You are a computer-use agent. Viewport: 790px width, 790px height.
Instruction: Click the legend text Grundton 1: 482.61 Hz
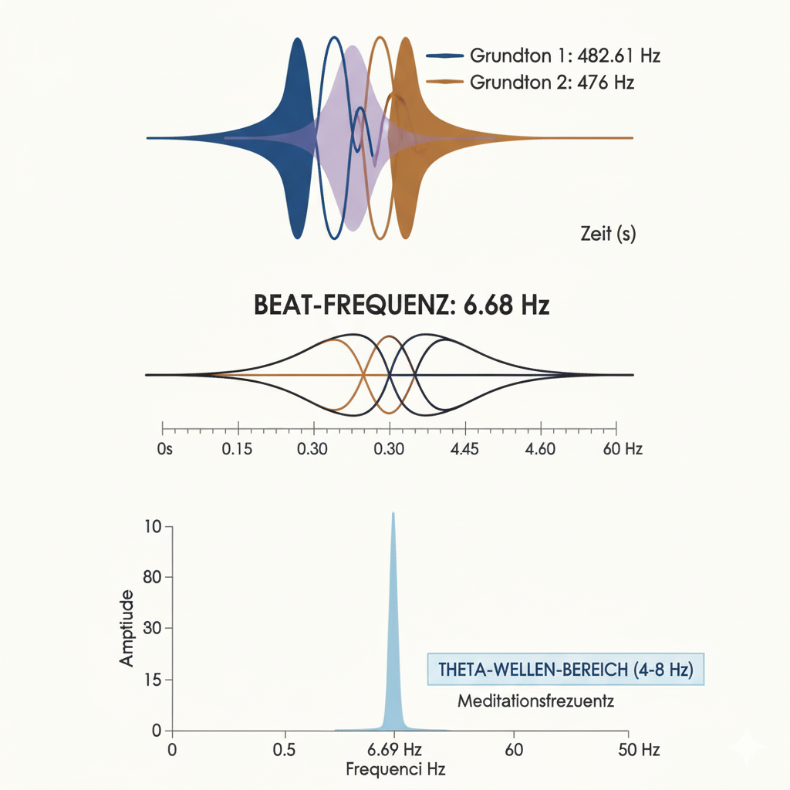point(565,56)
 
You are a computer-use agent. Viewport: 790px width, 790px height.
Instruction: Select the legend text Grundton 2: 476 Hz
point(552,82)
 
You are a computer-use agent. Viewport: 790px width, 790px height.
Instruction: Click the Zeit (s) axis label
point(608,234)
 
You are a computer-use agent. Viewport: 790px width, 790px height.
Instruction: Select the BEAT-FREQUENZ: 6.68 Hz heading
point(401,305)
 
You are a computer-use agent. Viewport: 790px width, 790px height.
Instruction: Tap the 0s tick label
point(163,449)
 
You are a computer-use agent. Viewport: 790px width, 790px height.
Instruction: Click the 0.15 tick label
point(237,449)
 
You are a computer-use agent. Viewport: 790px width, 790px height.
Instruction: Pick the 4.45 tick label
point(465,449)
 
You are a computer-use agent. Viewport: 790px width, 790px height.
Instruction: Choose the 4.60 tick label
point(540,449)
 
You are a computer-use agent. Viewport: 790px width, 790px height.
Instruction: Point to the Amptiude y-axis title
point(127,627)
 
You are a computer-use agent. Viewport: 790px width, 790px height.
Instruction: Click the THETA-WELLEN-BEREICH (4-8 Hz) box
point(565,670)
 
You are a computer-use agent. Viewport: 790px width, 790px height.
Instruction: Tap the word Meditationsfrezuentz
point(535,702)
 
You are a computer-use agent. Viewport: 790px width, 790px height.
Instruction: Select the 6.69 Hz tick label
point(393,749)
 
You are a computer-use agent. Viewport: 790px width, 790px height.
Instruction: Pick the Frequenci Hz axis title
point(396,769)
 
